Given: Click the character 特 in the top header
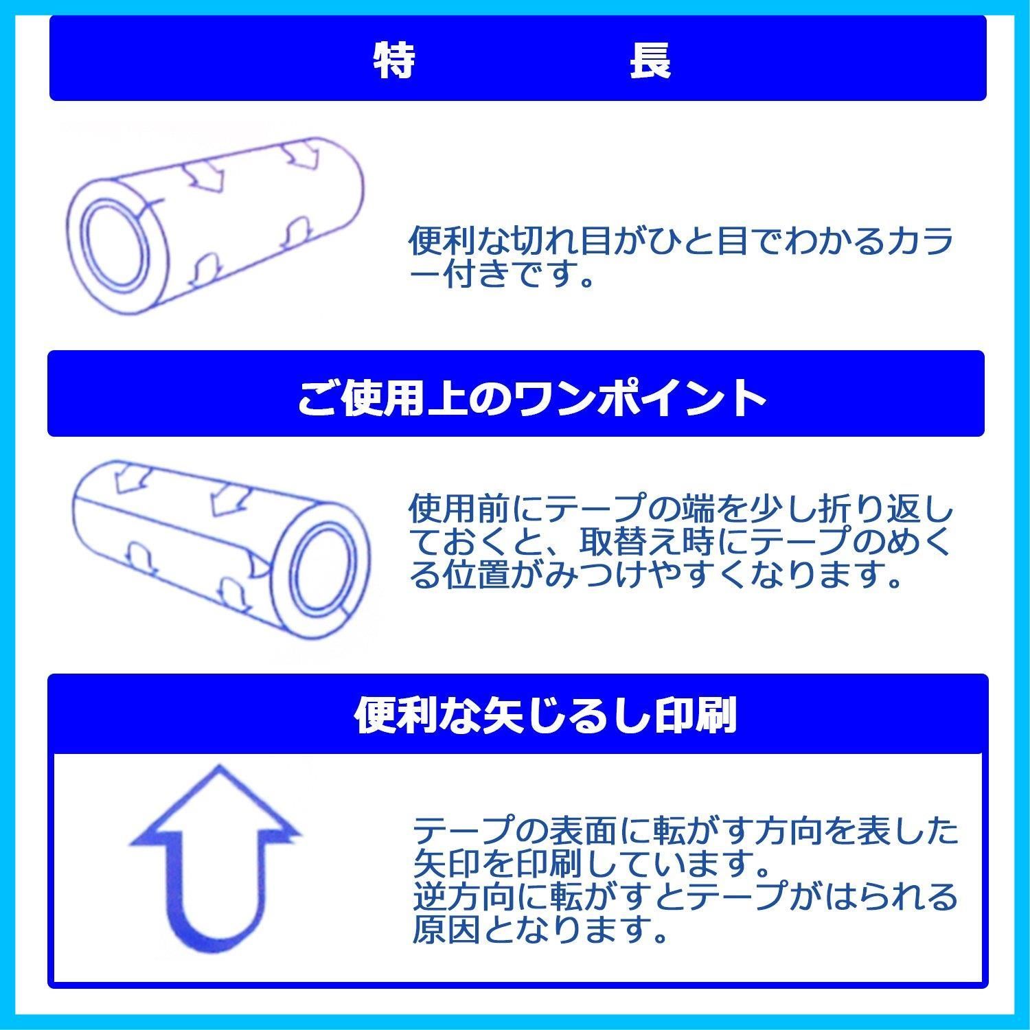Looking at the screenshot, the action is click(393, 60).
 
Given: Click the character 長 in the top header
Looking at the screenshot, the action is click(650, 60).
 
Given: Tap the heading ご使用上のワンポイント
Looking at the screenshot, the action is click(531, 397).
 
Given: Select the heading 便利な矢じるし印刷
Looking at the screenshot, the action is click(545, 716).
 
